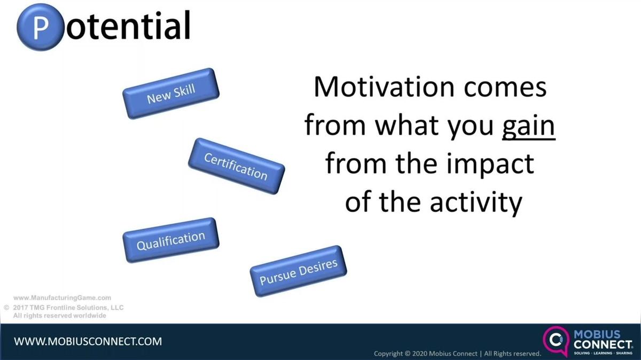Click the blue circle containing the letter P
[x=41, y=27]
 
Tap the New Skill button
[x=171, y=93]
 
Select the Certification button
[x=236, y=166]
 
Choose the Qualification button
[x=171, y=240]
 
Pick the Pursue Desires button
[x=299, y=271]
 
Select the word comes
[x=505, y=88]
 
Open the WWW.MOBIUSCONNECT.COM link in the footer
[x=88, y=341]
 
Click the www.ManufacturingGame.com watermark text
[x=62, y=298]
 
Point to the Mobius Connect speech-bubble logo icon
[x=556, y=341]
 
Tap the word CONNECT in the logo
[x=603, y=345]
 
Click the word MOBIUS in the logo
[x=597, y=334]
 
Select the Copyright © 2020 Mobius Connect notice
[x=458, y=354]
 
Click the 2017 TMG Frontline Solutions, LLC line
[x=68, y=308]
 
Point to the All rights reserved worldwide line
[x=59, y=316]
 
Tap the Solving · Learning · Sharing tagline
[x=603, y=353]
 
